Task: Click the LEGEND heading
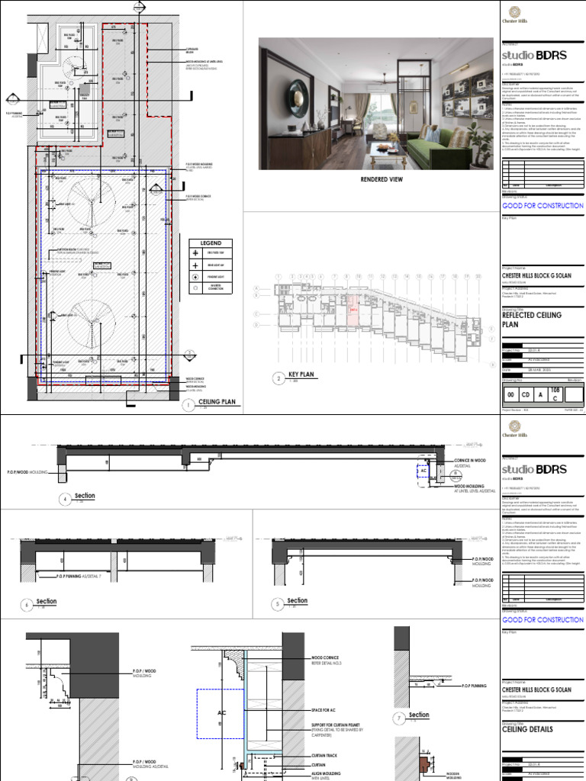click(210, 243)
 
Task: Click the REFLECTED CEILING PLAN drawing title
click(531, 319)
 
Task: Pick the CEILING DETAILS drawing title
click(527, 729)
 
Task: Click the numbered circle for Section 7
click(400, 717)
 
